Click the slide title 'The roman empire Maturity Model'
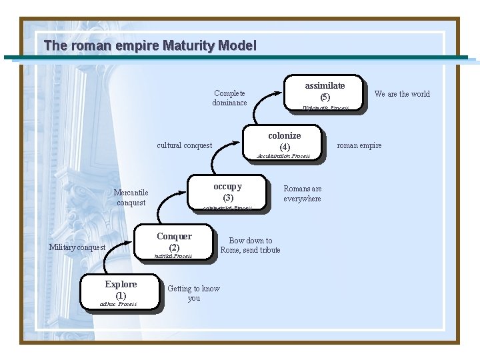pos(149,46)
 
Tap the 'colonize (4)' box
pos(284,141)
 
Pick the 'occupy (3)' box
pos(227,191)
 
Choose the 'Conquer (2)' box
pos(174,241)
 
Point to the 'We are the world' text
pos(402,94)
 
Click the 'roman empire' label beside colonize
pos(359,145)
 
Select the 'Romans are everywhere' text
pos(302,194)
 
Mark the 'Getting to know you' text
pos(193,293)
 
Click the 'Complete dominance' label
pos(229,98)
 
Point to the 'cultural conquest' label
pos(184,145)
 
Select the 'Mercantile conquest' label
pos(131,198)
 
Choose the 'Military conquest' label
pos(77,247)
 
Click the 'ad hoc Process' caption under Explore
pos(118,304)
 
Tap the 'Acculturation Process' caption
pos(284,156)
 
